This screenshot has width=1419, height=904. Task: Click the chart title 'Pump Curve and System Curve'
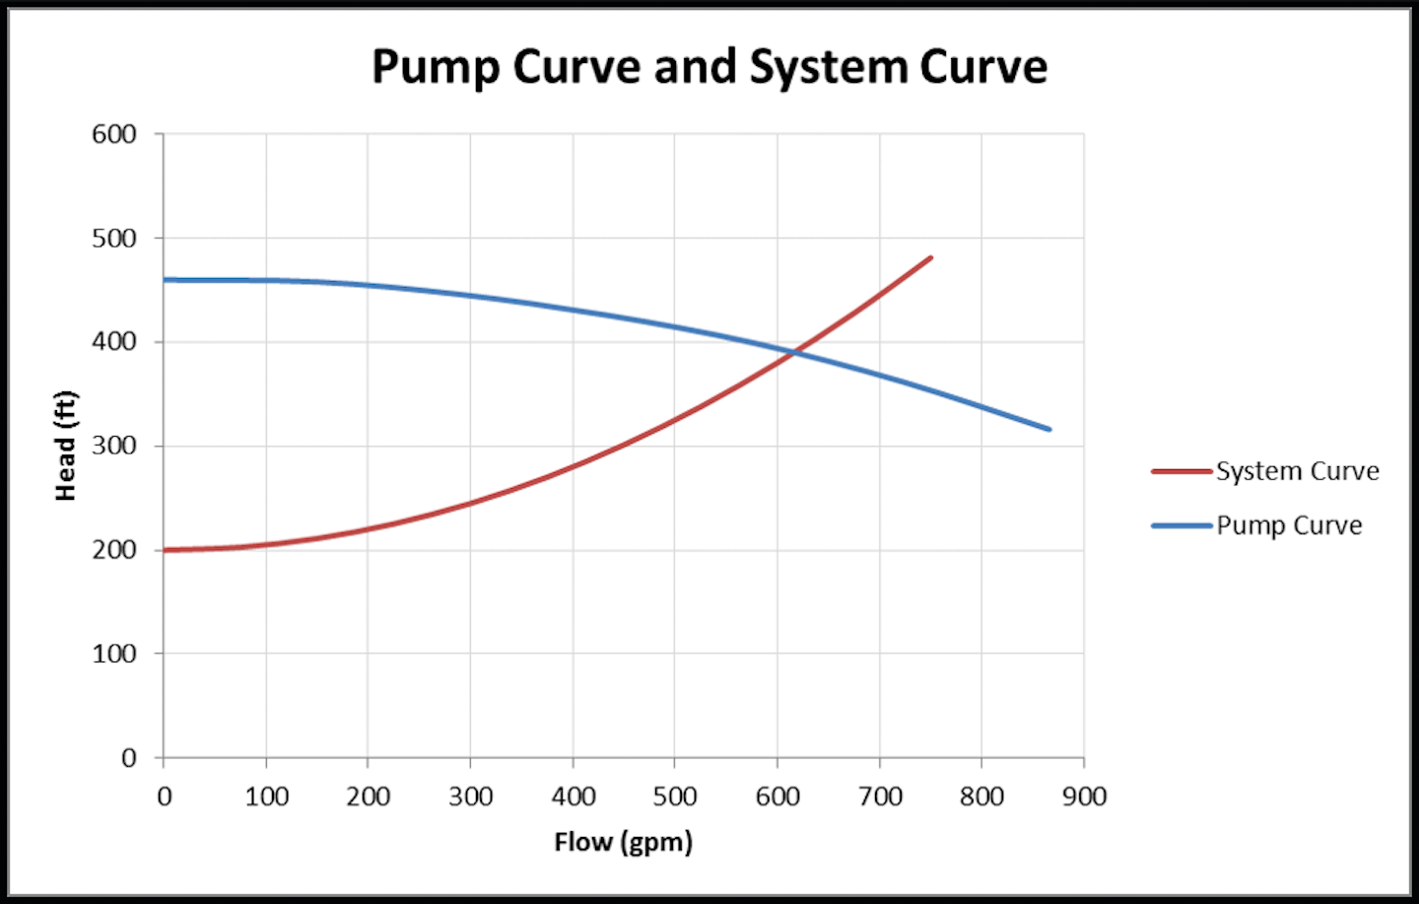709,67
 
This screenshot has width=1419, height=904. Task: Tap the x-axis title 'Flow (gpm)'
623,842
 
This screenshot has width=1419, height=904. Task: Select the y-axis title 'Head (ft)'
65,446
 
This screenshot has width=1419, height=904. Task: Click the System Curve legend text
1297,471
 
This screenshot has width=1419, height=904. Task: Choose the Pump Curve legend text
1289,525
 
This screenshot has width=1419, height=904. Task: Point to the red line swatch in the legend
1181,472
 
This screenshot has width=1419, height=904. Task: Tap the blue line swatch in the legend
1181,526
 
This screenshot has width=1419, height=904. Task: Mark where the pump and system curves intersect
793,351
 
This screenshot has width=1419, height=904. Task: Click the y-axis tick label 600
114,134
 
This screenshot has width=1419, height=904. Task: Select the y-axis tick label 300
114,446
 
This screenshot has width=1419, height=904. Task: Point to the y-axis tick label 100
114,654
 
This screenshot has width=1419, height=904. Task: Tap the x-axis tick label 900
1084,797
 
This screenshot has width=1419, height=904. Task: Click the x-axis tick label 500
675,797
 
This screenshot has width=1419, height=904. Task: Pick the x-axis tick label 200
368,797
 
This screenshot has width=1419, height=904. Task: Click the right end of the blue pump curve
1048,429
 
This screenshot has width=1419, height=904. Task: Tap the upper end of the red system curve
930,258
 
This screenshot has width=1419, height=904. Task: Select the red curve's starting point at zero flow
165,550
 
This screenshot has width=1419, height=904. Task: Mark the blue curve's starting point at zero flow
165,280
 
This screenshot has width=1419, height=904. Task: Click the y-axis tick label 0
129,758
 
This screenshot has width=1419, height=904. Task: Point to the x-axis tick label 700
880,797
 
